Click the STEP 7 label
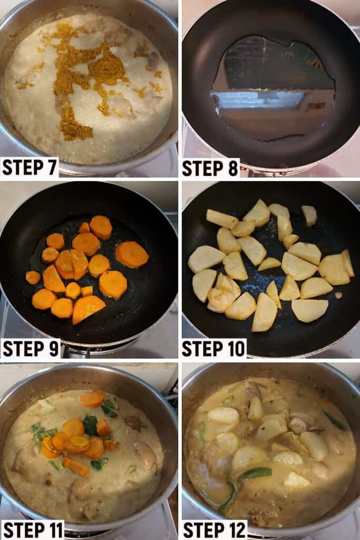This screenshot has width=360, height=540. (30, 167)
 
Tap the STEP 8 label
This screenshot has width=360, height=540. (210, 168)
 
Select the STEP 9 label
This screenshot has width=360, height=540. (30, 349)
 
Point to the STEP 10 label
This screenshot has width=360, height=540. (213, 349)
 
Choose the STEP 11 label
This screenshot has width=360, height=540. (33, 530)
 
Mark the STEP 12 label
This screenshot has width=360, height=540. (215, 530)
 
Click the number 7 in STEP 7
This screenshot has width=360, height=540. (51, 167)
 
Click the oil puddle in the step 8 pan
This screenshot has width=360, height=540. (272, 90)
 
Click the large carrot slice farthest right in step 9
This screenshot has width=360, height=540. (132, 255)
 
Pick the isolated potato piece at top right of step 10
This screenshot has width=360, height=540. (309, 216)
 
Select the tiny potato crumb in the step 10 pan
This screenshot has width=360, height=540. (339, 295)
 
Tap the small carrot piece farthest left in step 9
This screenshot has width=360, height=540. (33, 277)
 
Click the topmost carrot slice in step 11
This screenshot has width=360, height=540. (92, 399)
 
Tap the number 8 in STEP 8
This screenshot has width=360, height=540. (232, 168)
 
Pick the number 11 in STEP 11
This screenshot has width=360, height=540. (54, 530)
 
